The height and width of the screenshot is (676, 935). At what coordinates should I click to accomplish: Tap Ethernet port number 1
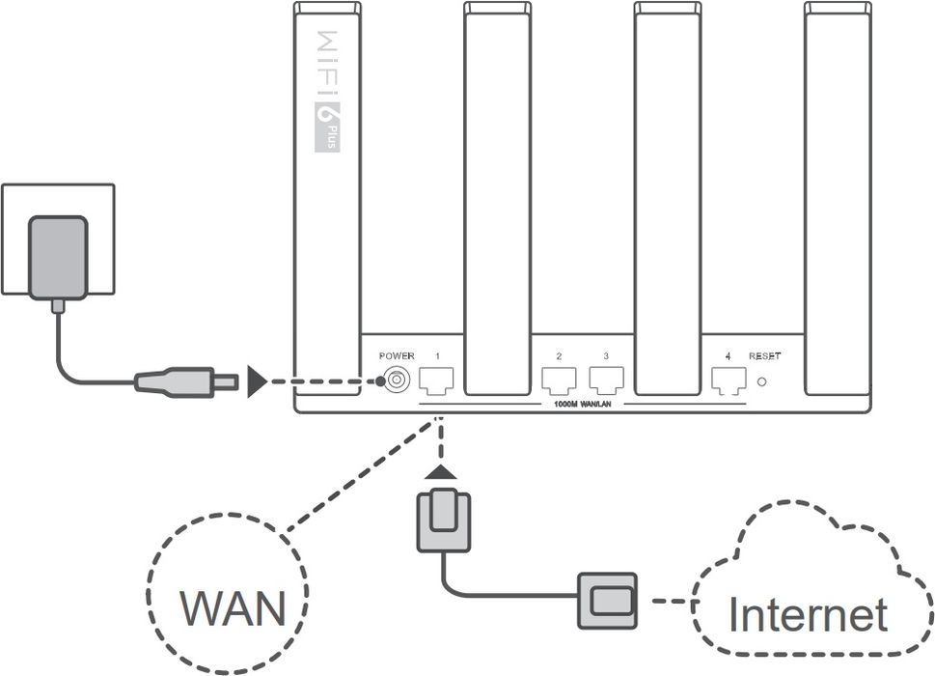(437, 380)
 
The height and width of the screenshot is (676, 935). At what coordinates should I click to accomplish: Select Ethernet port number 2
(559, 380)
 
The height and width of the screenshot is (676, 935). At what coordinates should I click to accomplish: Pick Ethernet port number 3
(606, 380)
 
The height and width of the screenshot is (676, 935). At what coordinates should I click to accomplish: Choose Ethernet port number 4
(728, 380)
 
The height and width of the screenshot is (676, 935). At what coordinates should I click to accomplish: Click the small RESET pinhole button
(763, 381)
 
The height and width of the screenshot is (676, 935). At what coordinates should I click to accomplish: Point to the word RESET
(765, 356)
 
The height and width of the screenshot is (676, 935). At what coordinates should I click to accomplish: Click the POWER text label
(397, 356)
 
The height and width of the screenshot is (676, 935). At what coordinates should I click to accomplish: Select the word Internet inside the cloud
(807, 614)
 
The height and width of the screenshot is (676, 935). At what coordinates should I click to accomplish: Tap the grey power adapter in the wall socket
(58, 257)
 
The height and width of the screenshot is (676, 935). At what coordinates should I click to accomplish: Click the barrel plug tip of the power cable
(227, 381)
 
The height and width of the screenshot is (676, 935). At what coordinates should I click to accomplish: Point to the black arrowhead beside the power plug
(257, 381)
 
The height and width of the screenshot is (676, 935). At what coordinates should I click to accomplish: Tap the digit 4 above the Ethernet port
(728, 356)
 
